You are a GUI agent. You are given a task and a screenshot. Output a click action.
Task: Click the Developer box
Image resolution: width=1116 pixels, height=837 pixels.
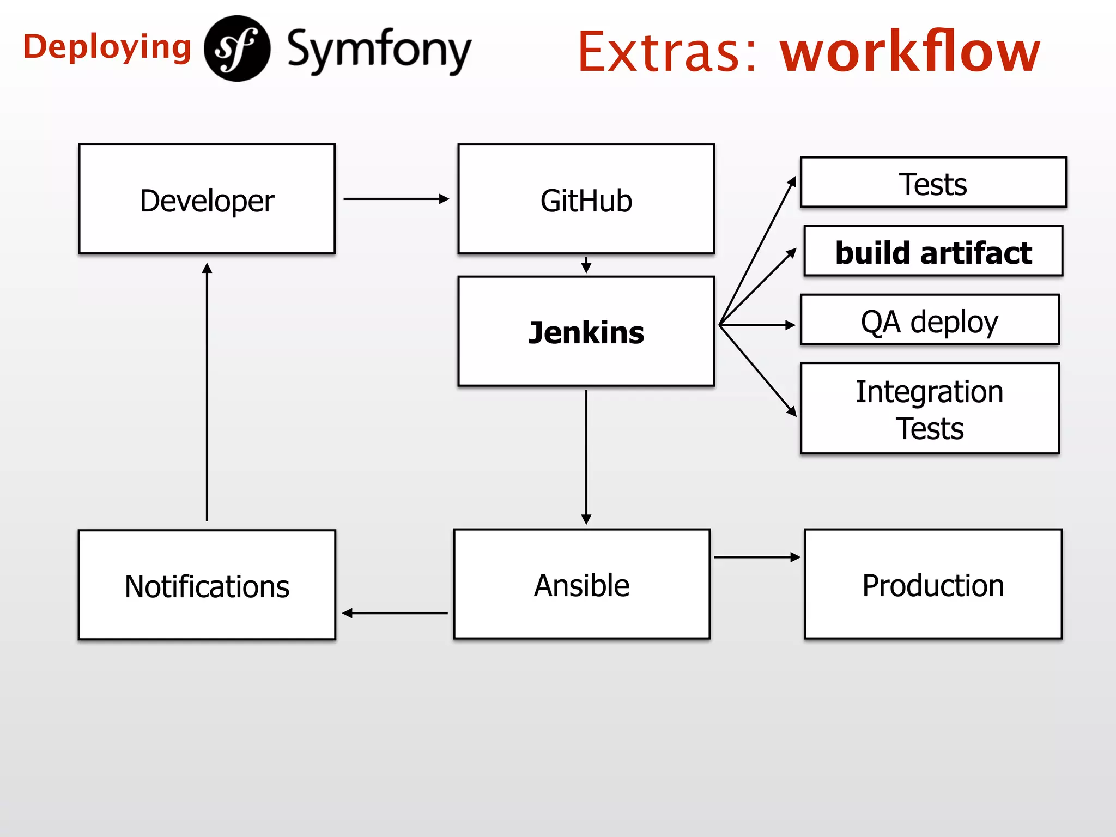point(207,199)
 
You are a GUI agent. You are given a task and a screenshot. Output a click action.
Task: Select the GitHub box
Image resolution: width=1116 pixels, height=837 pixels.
point(586,199)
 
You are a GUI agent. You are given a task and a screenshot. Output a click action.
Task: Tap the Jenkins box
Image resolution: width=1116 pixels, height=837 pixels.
point(586,331)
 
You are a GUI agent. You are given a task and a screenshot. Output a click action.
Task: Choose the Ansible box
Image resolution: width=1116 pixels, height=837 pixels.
point(582,584)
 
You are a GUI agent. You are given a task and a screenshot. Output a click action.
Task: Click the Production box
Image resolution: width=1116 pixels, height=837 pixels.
point(933,584)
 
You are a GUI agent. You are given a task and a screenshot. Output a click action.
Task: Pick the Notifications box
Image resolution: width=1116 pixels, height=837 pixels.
point(207,585)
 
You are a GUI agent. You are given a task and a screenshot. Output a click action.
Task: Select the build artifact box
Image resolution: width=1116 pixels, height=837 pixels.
point(933,252)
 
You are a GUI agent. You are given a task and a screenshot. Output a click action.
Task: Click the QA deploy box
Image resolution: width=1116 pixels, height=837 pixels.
point(930,320)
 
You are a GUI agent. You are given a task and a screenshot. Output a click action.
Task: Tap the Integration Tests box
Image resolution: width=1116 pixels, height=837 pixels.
point(930,409)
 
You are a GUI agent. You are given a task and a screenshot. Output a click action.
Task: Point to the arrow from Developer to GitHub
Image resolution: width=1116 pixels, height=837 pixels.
point(396,199)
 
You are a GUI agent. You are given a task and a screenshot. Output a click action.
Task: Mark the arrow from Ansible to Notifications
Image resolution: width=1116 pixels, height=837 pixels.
point(395,613)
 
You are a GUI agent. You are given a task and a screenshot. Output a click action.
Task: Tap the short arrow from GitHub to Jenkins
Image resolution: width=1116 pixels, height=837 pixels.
point(586,265)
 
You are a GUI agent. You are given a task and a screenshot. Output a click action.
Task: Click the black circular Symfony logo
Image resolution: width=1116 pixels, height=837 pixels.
point(237,48)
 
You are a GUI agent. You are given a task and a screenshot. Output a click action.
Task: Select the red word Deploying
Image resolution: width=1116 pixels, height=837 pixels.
point(107,48)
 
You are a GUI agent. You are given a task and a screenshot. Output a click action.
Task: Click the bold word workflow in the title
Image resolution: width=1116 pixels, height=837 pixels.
point(910,51)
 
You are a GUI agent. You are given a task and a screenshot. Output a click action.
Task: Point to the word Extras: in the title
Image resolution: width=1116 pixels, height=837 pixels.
point(667,52)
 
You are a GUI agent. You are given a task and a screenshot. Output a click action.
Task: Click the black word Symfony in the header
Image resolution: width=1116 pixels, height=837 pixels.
point(379,50)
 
